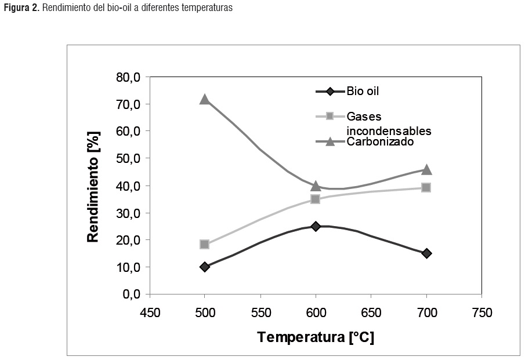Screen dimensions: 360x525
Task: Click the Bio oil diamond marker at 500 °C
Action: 204,267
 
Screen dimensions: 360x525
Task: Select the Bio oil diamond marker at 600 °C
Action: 316,226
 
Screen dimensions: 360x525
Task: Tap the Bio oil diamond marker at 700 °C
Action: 426,253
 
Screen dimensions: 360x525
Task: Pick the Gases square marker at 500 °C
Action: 204,244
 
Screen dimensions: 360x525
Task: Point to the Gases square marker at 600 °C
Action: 316,199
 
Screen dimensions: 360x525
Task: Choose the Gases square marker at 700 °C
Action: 426,187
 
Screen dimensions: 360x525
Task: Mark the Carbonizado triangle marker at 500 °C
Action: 204,99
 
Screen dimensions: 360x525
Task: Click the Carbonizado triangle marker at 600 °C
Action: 316,186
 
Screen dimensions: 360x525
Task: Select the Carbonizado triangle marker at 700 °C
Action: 426,169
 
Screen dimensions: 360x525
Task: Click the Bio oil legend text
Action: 363,91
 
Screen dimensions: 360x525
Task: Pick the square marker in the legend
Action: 330,117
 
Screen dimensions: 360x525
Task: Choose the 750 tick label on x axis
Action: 481,313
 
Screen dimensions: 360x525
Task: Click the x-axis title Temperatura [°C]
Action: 316,337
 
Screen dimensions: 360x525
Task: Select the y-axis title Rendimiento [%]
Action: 93,186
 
